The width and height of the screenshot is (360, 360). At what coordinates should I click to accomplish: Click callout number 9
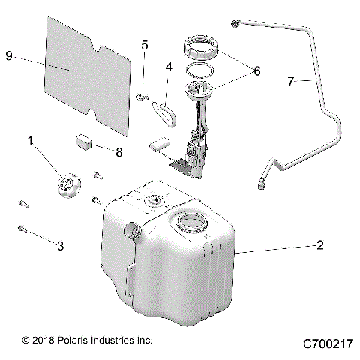coord(9,56)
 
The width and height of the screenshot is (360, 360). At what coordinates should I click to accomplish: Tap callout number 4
coord(169,67)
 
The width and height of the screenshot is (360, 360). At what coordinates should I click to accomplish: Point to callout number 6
coord(256,71)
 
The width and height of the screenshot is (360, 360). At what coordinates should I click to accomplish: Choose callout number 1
coord(31,139)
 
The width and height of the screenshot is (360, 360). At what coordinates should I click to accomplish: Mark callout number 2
coord(320,244)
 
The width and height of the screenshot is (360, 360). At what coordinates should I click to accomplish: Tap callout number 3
coord(61,245)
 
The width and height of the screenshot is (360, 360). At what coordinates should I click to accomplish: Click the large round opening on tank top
coord(189,223)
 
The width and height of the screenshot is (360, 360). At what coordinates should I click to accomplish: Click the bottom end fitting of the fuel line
coord(263,182)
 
